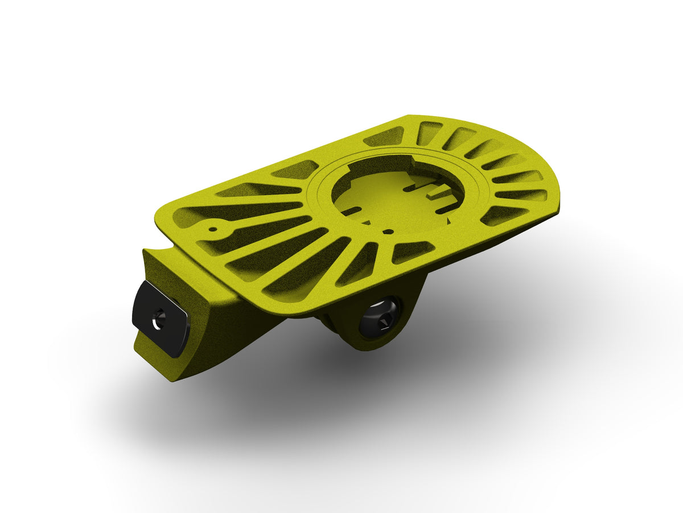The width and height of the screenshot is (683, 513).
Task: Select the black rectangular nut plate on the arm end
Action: point(161,318)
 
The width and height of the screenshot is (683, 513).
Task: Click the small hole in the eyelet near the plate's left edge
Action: point(213,230)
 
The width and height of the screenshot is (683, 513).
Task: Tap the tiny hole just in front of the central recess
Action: point(386,232)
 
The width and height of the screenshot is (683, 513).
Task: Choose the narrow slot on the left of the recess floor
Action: point(351,211)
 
